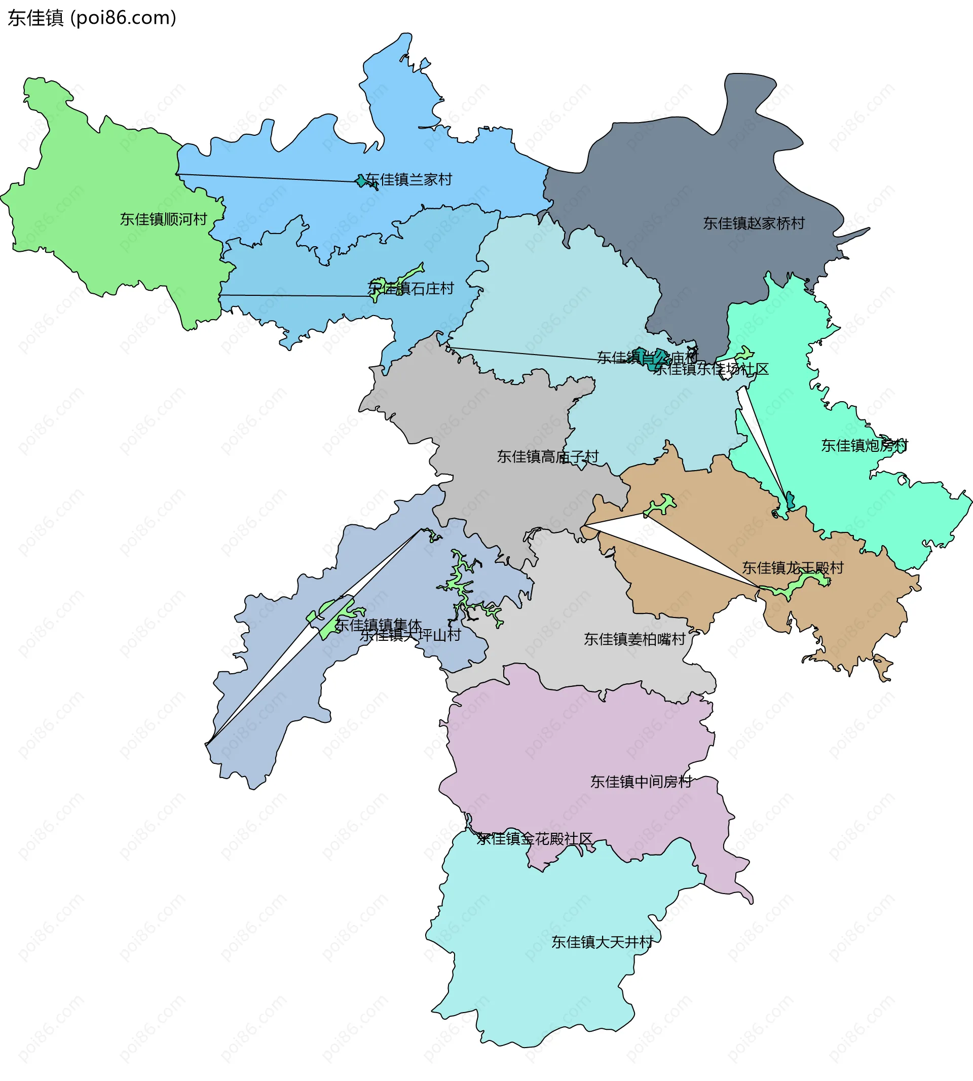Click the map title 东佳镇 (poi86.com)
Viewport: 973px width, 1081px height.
(92, 18)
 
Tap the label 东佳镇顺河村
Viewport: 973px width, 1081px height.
(163, 219)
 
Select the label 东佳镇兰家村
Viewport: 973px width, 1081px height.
(409, 179)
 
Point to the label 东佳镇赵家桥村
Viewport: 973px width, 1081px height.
(754, 223)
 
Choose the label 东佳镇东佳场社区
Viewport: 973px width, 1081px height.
(711, 369)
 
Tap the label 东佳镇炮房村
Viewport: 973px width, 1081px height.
(865, 445)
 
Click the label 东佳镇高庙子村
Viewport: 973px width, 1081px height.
(547, 456)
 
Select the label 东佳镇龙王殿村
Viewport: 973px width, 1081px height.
(792, 567)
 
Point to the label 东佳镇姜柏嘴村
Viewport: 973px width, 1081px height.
(634, 639)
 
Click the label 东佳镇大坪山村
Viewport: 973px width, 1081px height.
(410, 635)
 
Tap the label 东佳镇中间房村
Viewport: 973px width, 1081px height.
(641, 782)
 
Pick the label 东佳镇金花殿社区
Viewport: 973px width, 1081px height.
(535, 838)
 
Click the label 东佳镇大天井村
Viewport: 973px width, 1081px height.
(602, 942)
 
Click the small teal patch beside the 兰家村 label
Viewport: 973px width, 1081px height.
(361, 181)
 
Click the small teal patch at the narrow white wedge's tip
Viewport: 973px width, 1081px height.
(790, 500)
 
